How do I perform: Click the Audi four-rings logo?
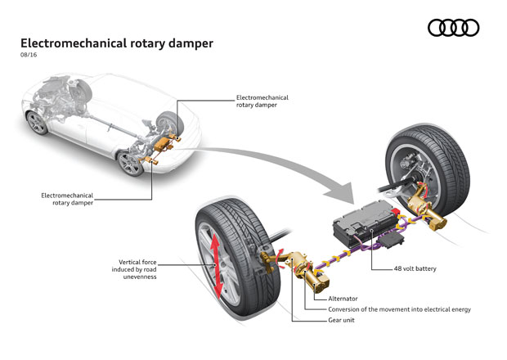453,28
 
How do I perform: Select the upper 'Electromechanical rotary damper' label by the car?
261,101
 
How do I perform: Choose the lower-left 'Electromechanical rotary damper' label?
68,199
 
